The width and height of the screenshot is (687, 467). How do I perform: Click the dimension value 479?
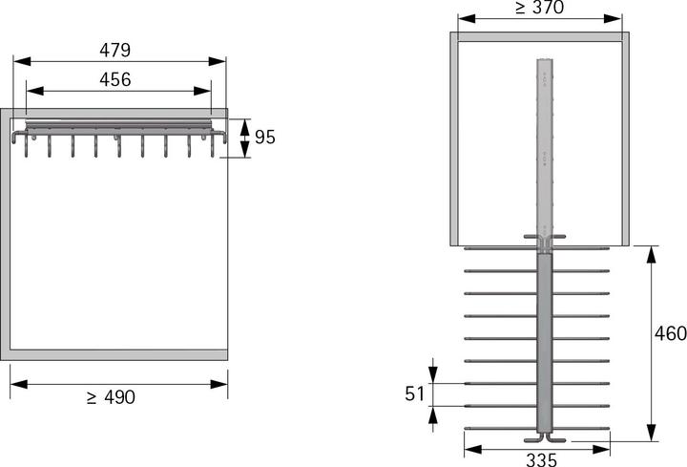click(x=119, y=49)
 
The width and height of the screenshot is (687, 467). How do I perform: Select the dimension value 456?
click(x=114, y=79)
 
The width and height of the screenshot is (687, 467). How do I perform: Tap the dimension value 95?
click(x=264, y=137)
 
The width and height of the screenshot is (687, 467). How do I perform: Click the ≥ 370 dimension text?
click(x=539, y=9)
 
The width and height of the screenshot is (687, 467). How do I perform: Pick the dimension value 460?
click(x=669, y=335)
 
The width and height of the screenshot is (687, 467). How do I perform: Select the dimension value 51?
click(x=414, y=394)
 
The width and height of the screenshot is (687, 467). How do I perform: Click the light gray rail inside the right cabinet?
click(x=543, y=143)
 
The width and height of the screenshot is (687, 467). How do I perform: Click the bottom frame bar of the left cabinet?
click(x=119, y=354)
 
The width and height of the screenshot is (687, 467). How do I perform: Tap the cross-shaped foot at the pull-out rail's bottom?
click(x=543, y=438)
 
